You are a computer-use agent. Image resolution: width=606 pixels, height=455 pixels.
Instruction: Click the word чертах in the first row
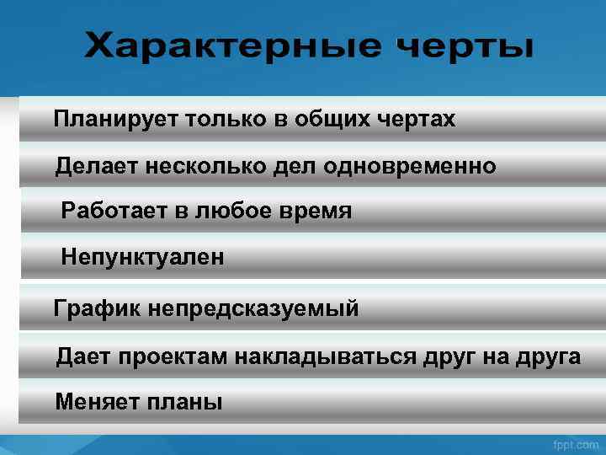pos(417,120)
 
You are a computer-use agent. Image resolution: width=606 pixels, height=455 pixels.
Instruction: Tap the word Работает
pos(114,211)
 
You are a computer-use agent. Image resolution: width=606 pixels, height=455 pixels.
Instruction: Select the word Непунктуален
pos(142,257)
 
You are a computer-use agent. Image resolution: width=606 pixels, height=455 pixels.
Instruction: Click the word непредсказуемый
pos(252,309)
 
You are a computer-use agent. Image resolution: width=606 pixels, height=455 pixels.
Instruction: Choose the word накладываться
pos(325,356)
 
